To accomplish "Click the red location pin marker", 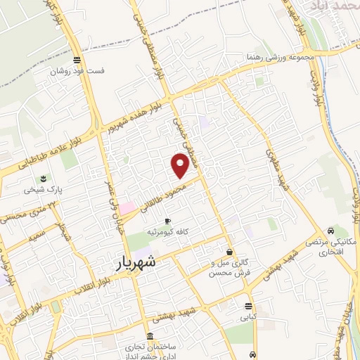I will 181,165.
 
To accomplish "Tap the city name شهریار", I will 138,263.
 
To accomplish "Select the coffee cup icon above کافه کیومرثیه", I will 167,221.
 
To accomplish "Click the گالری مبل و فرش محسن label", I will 229,268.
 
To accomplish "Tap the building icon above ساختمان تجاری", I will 149,336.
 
